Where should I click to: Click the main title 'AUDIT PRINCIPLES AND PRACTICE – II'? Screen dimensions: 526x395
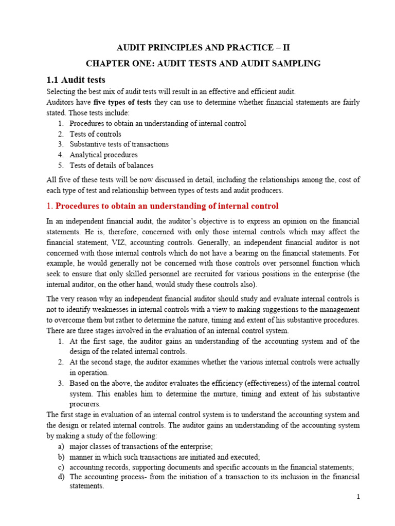204,48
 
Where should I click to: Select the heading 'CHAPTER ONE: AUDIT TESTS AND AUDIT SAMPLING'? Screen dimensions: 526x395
204,64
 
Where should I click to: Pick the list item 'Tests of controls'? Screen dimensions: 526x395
95,134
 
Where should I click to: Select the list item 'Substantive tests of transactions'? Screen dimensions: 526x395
119,144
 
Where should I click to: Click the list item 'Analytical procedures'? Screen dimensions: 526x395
103,155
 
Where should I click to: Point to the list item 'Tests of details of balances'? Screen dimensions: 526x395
111,165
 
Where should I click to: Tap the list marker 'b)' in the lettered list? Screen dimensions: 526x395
61,457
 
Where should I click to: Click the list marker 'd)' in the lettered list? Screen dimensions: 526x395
61,477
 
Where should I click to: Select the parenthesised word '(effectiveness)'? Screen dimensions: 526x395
221,383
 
